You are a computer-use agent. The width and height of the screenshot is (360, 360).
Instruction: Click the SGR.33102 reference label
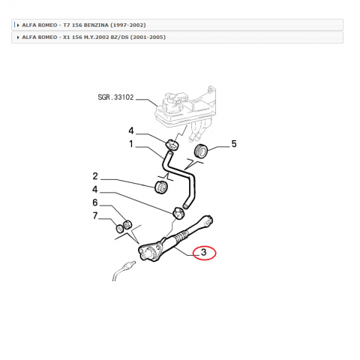coord(115,97)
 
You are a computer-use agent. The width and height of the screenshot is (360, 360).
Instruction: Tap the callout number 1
coord(131,144)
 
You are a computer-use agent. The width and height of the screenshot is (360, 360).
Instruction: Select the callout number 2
coord(95,176)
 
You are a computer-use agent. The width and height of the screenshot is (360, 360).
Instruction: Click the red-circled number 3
coord(204,252)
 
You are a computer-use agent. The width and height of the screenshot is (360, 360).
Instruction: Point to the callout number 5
coord(234,144)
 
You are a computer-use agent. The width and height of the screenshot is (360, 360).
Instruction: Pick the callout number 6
coord(95,202)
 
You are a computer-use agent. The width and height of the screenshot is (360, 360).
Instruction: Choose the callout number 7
coord(95,215)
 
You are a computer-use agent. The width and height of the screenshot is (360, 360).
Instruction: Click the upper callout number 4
coord(131,130)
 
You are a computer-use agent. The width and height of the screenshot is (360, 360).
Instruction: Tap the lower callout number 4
coord(95,189)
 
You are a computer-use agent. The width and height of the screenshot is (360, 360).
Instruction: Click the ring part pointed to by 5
coord(201,151)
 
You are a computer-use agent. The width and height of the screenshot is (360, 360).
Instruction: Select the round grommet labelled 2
coord(161,187)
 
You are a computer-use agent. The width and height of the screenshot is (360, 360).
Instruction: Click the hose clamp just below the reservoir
coord(172,145)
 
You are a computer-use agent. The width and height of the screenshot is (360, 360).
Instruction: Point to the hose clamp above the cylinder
coord(178,213)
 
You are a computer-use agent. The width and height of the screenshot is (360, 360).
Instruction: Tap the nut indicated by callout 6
coord(127,224)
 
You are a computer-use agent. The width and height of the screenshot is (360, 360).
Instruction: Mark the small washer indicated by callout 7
coord(119,229)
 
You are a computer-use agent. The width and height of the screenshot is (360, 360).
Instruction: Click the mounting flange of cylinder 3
coord(149,253)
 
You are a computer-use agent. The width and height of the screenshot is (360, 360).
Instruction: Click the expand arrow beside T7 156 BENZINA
coord(18,25)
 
